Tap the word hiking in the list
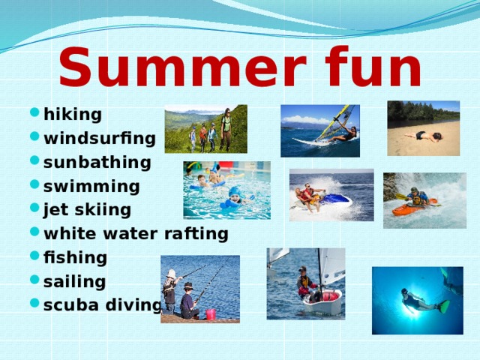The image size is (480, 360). (x=73, y=115)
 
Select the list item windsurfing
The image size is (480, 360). (x=100, y=139)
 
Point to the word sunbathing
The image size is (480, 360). (x=97, y=163)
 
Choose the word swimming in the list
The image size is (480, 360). (x=91, y=187)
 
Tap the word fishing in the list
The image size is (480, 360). (x=76, y=258)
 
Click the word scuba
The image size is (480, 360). (x=69, y=306)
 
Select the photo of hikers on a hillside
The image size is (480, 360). (x=205, y=128)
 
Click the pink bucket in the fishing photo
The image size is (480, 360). (x=211, y=313)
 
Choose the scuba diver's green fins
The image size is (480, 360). (x=443, y=307)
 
